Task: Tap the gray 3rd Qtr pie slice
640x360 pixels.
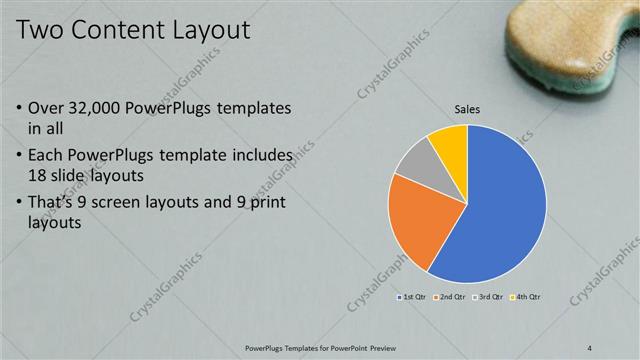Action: point(420,160)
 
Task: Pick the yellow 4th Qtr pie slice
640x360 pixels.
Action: point(452,143)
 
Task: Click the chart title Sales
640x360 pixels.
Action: point(467,109)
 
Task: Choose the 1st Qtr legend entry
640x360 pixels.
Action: point(413,297)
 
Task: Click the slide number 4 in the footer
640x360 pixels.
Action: point(590,348)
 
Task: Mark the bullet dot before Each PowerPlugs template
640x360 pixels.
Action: point(22,156)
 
